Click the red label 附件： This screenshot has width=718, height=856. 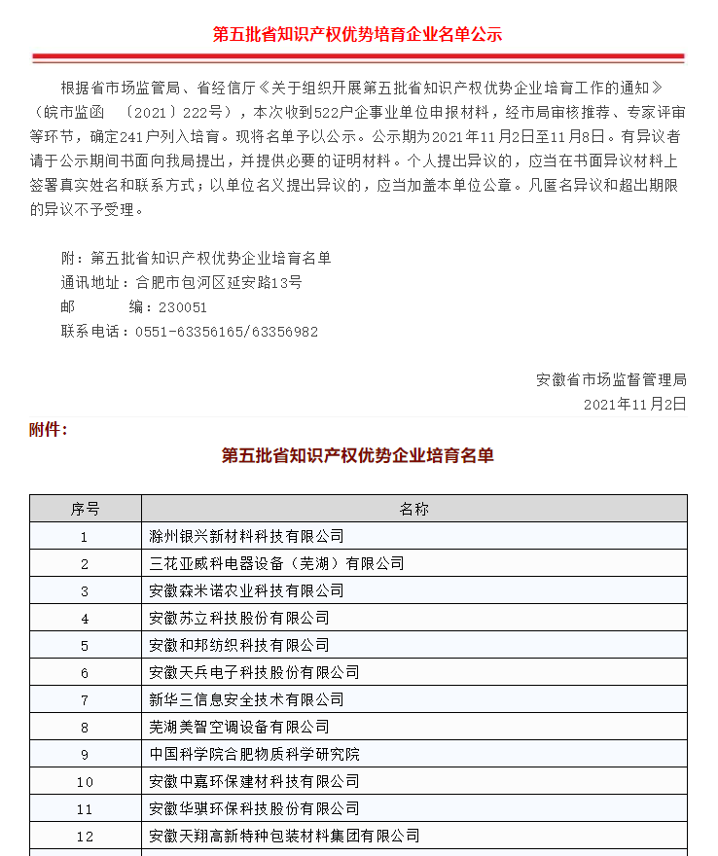pyautogui.click(x=49, y=429)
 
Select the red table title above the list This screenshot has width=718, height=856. pyautogui.click(x=358, y=455)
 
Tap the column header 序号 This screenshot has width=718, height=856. pyautogui.click(x=85, y=509)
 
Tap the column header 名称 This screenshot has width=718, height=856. pyautogui.click(x=413, y=509)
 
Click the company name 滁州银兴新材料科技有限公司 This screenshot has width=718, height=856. pyautogui.click(x=246, y=536)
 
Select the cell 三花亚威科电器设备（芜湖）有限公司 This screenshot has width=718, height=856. pyautogui.click(x=276, y=563)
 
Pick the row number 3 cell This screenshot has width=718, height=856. pyautogui.click(x=85, y=590)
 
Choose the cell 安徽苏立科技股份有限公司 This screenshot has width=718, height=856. pyautogui.click(x=239, y=618)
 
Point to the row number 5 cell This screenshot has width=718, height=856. pyautogui.click(x=85, y=645)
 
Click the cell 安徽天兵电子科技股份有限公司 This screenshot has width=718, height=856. pyautogui.click(x=254, y=672)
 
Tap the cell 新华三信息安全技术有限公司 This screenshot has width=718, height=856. pyautogui.click(x=246, y=699)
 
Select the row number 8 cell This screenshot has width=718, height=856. pyautogui.click(x=85, y=727)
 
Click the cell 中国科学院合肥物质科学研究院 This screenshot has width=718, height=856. pyautogui.click(x=254, y=754)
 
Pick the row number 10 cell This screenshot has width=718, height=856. pyautogui.click(x=85, y=781)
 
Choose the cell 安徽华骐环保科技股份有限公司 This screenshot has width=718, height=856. pyautogui.click(x=254, y=808)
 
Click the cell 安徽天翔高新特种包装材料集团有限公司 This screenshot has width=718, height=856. pyautogui.click(x=284, y=836)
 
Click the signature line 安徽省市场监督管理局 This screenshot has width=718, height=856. pyautogui.click(x=611, y=379)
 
